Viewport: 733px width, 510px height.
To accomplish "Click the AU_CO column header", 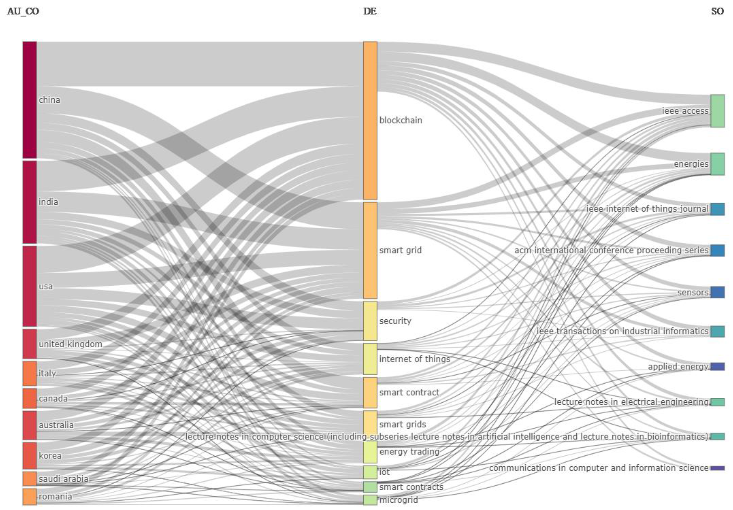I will (23, 11).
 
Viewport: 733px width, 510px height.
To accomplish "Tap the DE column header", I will (370, 11).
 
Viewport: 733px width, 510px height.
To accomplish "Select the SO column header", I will (717, 11).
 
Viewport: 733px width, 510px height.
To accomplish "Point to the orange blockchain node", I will (370, 121).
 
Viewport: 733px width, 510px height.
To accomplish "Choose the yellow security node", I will (370, 321).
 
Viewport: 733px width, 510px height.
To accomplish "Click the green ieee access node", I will (717, 111).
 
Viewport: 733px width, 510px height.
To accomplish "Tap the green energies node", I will (717, 164).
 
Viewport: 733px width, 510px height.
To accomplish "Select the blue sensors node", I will (717, 292).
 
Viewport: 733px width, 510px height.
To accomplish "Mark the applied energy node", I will (717, 366).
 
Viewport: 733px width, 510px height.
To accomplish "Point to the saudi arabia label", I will (64, 479).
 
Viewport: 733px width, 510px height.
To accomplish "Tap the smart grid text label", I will (400, 250).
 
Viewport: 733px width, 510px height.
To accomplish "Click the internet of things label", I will (414, 359).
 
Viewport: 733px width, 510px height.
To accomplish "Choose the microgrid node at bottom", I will (370, 500).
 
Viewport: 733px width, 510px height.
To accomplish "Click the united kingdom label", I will (70, 344).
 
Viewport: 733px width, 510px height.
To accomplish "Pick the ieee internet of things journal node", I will (717, 209).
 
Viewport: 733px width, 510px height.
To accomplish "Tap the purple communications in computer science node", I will (717, 468).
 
